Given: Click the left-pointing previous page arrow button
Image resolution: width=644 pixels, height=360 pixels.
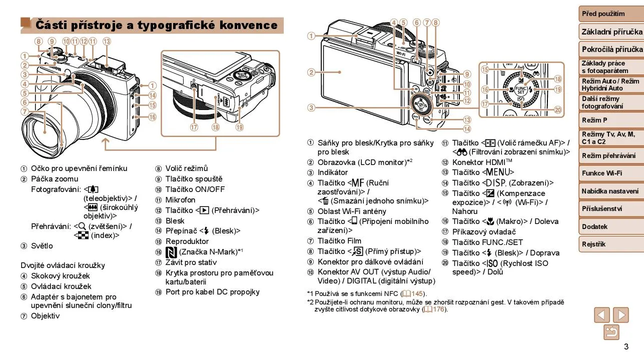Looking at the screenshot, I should point(602,315).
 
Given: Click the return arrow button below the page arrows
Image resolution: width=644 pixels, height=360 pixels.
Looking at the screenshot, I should point(611,332).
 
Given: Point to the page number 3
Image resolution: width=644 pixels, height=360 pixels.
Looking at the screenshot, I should point(626,347).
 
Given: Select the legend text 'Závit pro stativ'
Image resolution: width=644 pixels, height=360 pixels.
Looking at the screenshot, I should point(191,262).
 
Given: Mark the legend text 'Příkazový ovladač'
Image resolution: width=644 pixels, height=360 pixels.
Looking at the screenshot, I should point(483,231).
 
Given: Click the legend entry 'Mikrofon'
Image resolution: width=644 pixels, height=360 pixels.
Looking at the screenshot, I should point(180,199).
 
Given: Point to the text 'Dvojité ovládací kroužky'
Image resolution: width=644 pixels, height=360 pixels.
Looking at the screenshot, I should point(63,265).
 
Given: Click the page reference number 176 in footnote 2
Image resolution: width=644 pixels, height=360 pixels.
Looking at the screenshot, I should point(439,309).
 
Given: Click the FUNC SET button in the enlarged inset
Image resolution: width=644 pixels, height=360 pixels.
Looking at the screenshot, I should point(521,91).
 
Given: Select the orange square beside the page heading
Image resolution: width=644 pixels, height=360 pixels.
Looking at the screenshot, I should point(26,23).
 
